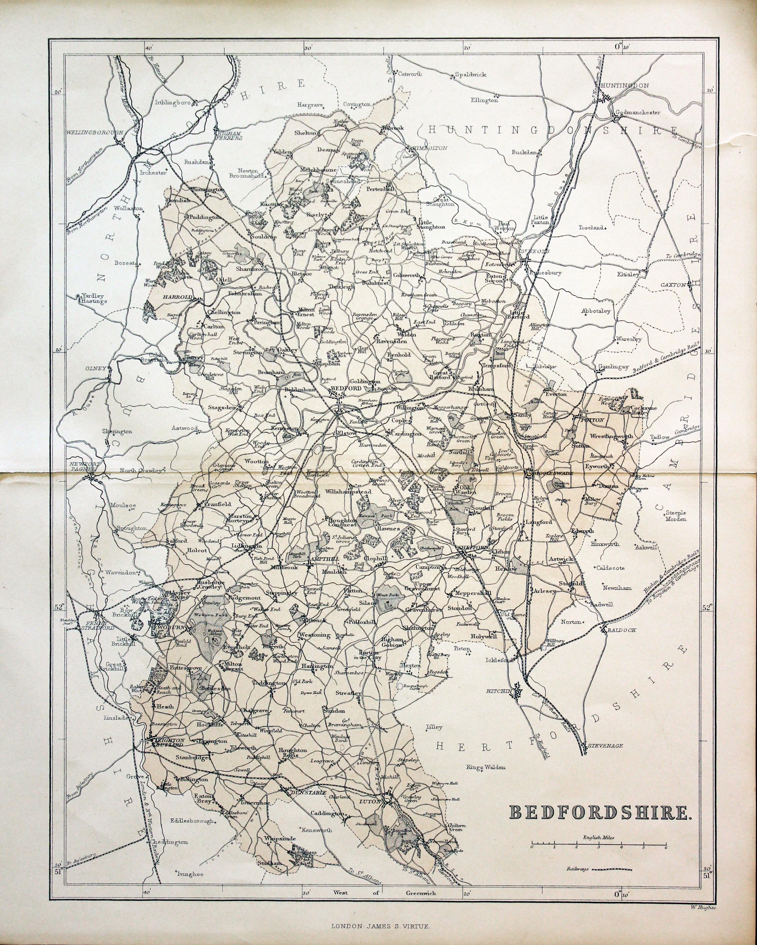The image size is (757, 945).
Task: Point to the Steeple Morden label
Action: point(676,515)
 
